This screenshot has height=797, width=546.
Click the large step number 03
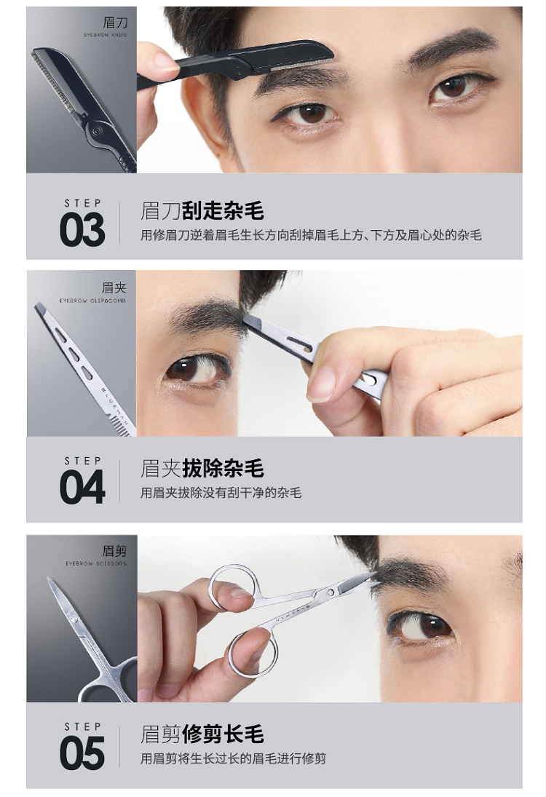click(x=82, y=230)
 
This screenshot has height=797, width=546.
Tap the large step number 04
click(x=82, y=488)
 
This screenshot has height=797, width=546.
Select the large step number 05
click(x=82, y=753)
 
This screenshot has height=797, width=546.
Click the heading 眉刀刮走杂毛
click(x=202, y=210)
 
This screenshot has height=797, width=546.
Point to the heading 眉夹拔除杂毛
click(x=202, y=468)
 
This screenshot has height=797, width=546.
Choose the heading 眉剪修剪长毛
click(x=202, y=734)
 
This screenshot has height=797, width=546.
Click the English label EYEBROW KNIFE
click(x=106, y=35)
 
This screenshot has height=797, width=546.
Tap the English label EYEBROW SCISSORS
click(x=96, y=563)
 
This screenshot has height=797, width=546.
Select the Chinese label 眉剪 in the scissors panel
click(x=114, y=550)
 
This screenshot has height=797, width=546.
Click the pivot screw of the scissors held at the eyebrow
click(x=331, y=592)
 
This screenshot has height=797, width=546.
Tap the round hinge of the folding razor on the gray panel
click(x=95, y=130)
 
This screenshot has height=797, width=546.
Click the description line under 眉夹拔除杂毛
click(x=221, y=493)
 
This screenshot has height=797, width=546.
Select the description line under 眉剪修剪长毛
click(x=234, y=758)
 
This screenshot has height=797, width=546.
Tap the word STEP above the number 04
click(x=83, y=461)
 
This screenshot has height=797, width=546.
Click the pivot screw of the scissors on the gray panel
click(x=74, y=619)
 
